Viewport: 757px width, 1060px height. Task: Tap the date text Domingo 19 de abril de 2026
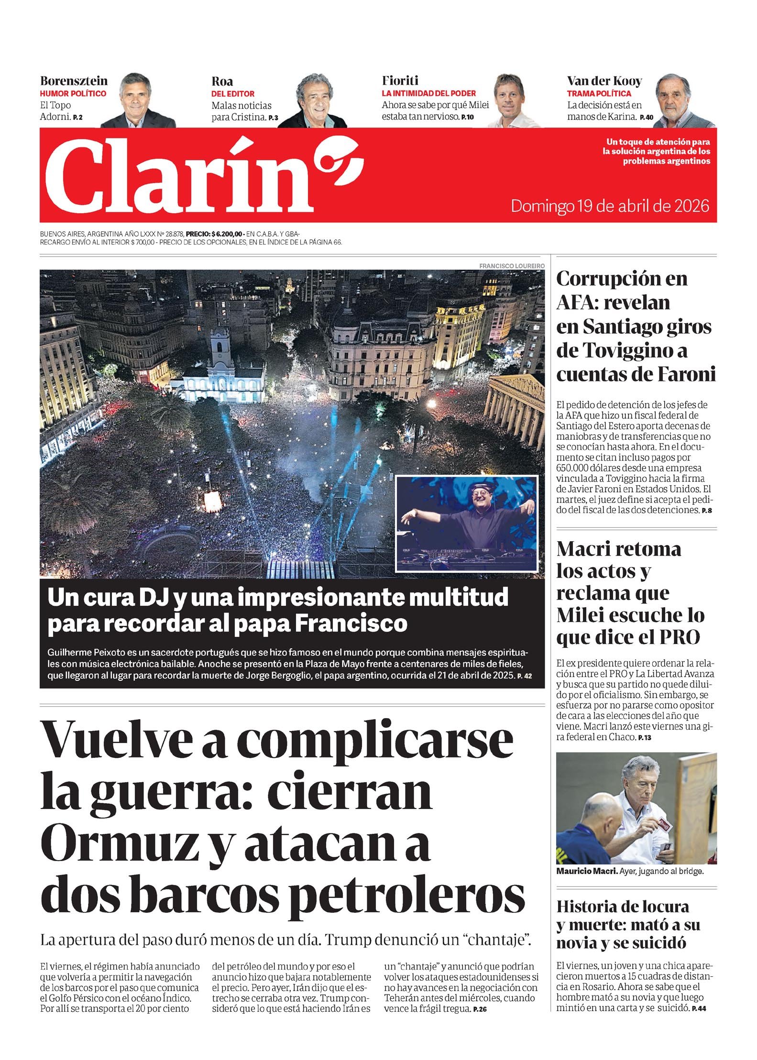click(x=610, y=206)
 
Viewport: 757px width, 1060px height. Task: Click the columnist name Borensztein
click(x=74, y=81)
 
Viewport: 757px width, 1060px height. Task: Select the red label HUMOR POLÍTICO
click(x=73, y=94)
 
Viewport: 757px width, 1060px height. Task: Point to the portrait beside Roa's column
click(x=313, y=101)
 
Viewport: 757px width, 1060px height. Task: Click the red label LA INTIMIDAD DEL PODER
click(x=428, y=93)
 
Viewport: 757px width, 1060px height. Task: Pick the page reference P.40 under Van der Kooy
click(x=646, y=118)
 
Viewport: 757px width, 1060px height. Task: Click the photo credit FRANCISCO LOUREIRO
click(x=511, y=265)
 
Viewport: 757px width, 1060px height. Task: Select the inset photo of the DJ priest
click(x=466, y=523)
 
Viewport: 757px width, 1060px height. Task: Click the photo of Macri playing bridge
click(x=636, y=809)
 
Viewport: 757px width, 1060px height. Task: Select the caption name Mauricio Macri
click(x=586, y=871)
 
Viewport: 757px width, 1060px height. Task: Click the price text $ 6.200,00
click(x=228, y=234)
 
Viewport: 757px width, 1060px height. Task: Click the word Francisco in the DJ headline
click(x=351, y=623)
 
